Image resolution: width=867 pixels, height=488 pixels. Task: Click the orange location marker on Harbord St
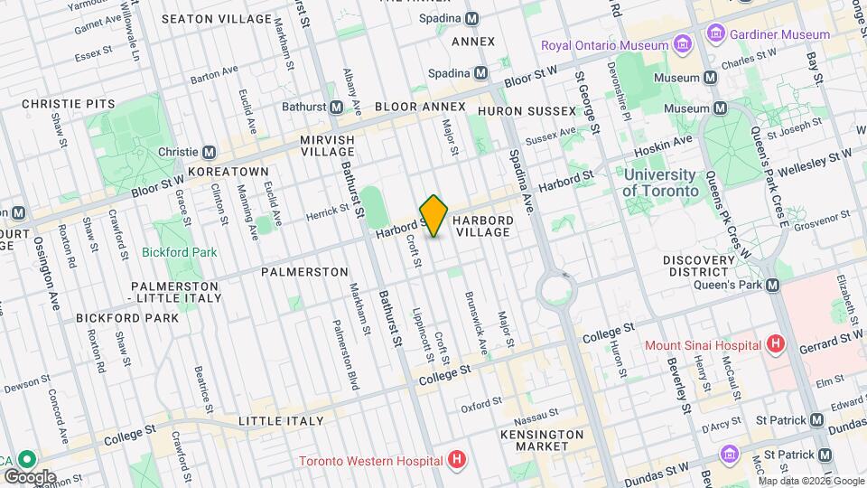pos(433,216)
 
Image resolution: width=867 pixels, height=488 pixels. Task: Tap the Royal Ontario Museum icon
pos(683,45)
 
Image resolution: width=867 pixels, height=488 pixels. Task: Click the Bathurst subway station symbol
pos(336,107)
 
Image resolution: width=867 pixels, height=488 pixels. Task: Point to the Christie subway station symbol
pos(210,152)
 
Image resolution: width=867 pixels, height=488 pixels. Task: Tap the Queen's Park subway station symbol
pos(773,285)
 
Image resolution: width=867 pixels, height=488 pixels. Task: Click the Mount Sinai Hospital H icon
pos(774,344)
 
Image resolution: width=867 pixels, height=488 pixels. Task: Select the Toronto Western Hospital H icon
pos(457,460)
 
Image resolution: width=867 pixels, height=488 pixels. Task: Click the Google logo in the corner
pos(30,476)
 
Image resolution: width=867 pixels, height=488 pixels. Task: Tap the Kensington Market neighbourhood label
pos(542,441)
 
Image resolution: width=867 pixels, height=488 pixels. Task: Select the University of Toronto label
pos(660,183)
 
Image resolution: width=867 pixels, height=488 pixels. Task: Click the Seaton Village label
pos(217,18)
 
